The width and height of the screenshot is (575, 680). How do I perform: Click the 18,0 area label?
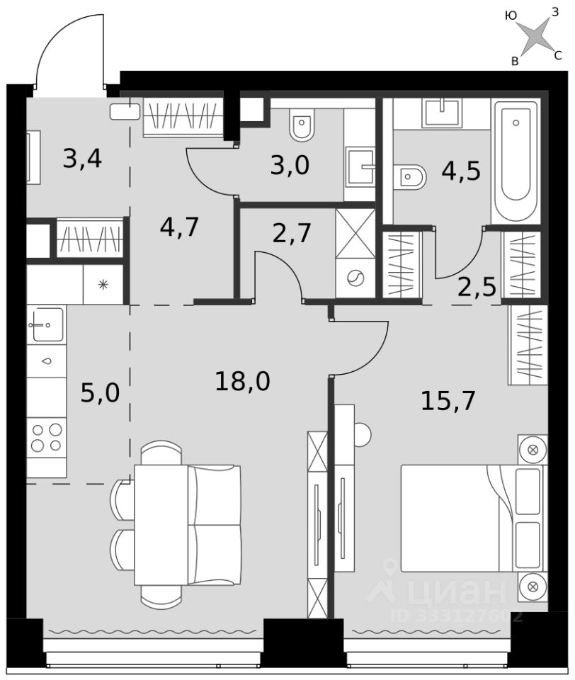pos(242,381)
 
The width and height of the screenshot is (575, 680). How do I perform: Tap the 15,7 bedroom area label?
pos(448,401)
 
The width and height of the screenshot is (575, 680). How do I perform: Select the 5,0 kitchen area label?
pos(100,393)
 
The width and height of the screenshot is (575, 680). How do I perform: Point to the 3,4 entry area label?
pos(82,158)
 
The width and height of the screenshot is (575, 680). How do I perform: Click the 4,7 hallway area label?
pos(179,227)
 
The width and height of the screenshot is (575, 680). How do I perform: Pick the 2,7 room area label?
pos(292,233)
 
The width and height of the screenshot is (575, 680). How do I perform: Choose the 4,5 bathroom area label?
pos(461,171)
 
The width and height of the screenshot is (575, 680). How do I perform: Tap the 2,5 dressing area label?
pos(477,287)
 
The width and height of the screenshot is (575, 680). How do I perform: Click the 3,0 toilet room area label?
pos(290,165)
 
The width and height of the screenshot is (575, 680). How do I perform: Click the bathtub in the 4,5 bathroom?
pos(516,161)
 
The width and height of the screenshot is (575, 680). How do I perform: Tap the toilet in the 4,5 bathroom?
pos(410,176)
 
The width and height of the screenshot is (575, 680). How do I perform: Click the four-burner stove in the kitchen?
pos(47,438)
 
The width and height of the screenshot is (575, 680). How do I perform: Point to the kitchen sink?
pos(46,324)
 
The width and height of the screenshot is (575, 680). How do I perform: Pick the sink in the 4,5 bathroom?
pos(442,113)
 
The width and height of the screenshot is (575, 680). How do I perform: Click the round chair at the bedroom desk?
pos(363,433)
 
